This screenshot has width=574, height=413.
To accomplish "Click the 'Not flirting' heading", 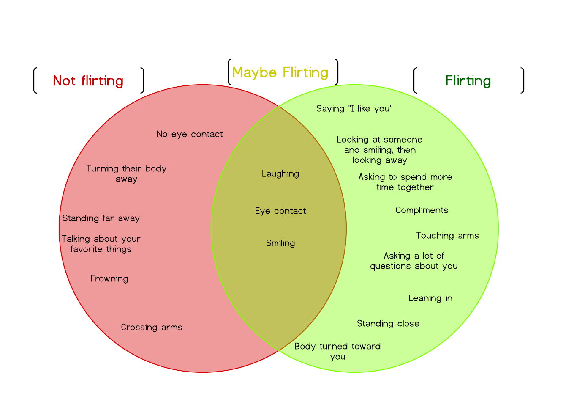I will [x=88, y=81].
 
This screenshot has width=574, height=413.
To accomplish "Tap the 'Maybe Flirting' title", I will [x=280, y=72].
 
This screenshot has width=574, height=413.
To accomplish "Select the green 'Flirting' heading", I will [x=468, y=81].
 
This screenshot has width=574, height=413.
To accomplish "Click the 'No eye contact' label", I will [x=190, y=134].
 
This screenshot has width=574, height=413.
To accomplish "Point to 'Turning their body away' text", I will [x=126, y=173].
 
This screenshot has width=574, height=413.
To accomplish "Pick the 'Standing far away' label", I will [x=101, y=218].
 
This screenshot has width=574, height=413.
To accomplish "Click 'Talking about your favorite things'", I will [x=101, y=244].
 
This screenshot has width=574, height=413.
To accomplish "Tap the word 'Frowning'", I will [x=109, y=278].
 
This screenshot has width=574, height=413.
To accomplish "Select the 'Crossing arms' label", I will [x=152, y=327].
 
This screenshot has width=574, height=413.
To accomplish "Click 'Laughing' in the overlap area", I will [x=280, y=174].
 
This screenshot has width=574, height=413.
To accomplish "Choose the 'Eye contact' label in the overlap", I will [x=280, y=211].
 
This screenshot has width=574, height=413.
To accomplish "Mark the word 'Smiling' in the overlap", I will [x=280, y=243].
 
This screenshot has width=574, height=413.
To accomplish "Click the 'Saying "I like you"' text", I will [x=354, y=109].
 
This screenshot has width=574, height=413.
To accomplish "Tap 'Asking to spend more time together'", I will [x=405, y=182].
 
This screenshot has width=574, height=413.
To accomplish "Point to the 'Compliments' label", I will [x=422, y=210].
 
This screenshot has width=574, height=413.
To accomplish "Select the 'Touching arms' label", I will [x=447, y=236].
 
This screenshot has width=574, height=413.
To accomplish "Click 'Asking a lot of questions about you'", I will [x=414, y=261].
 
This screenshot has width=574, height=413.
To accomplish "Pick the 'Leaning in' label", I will [x=430, y=298].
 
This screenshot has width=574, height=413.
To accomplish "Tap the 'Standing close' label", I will [x=388, y=324].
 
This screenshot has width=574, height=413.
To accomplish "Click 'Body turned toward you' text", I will [x=337, y=351].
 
